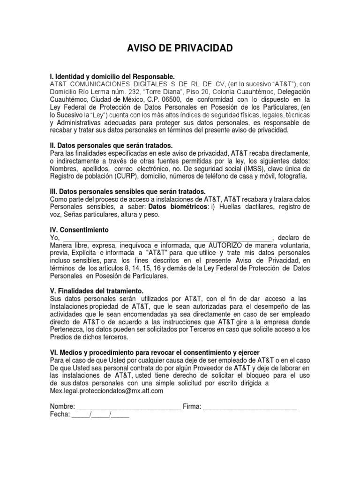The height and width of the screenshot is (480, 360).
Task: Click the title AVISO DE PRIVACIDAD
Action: point(180,49)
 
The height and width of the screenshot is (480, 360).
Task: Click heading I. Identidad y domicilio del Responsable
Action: point(112,76)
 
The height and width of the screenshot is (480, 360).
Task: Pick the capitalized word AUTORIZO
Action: point(228,245)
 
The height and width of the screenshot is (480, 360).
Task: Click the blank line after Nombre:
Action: point(128,406)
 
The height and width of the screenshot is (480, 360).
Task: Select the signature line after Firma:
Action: point(250,406)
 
